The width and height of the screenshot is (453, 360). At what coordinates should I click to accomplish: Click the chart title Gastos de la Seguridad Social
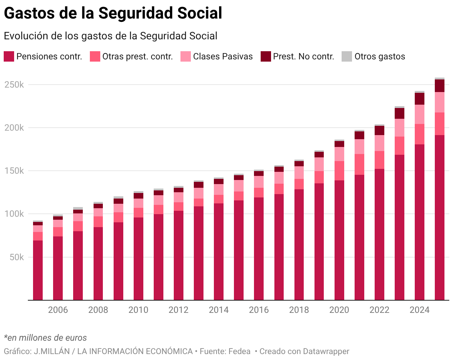tap(113, 13)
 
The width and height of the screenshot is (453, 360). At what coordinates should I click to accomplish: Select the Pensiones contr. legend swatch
tap(9, 56)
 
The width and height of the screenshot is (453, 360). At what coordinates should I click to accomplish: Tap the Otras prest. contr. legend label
tap(137, 56)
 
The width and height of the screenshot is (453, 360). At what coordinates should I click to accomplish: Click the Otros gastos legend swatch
tap(346, 56)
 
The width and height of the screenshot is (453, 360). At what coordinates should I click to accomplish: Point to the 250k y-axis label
tap(14, 85)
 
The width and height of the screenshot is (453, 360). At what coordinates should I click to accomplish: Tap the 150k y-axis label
tap(14, 171)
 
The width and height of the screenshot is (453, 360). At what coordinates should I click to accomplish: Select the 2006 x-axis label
tap(58, 310)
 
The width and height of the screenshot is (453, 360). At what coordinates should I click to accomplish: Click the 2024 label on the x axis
tap(420, 310)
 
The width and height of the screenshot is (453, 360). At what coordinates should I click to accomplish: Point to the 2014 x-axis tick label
tap(219, 310)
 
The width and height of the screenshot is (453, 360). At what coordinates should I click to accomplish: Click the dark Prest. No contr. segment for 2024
tap(420, 99)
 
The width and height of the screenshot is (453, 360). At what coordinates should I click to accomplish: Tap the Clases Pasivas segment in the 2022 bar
tap(379, 143)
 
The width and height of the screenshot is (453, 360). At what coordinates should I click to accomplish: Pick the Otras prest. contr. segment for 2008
tap(98, 222)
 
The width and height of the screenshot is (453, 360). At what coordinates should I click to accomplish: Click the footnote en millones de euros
tap(45, 338)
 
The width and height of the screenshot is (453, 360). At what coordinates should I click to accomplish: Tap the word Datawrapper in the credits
tap(326, 351)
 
